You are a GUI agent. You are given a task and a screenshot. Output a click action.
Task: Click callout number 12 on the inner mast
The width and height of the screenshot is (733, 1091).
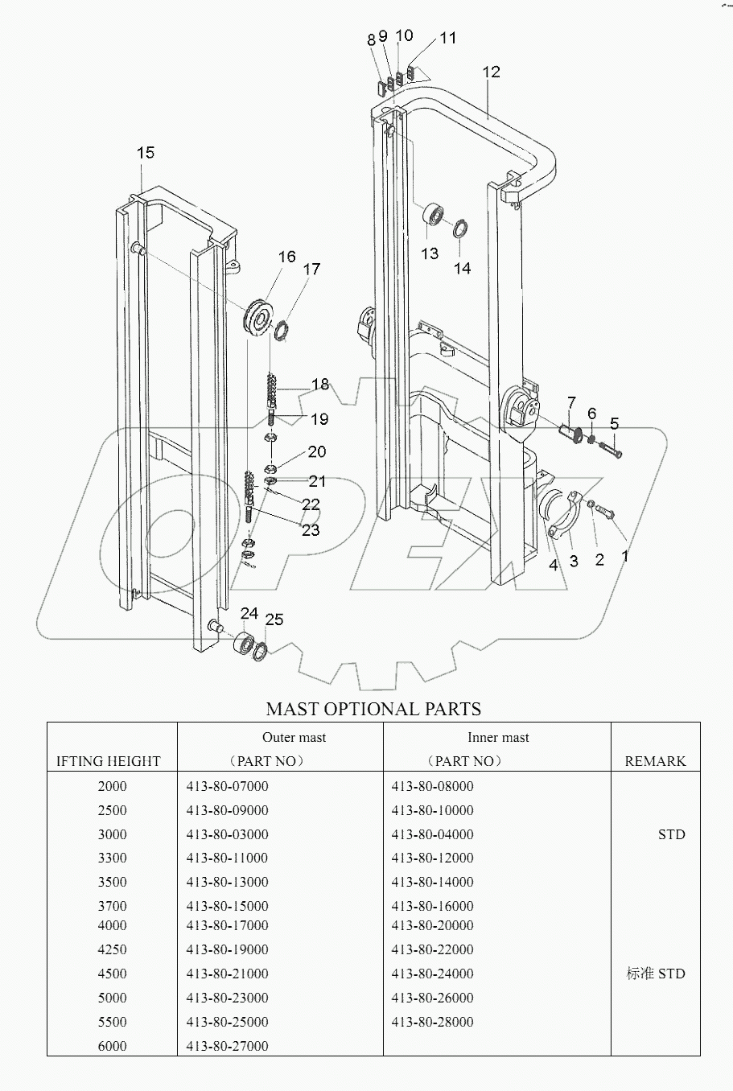tap(491, 72)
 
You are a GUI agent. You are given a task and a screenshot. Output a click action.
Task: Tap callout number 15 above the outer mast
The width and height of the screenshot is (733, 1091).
tap(145, 153)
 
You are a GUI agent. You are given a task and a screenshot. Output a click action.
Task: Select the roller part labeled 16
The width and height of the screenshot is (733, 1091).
tap(261, 319)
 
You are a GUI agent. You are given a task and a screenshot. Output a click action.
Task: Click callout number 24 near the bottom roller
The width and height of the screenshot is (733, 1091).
tap(249, 614)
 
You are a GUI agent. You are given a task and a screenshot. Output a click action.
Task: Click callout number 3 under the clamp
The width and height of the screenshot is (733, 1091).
tap(574, 561)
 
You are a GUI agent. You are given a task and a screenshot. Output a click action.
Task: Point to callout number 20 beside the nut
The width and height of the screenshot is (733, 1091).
tap(316, 451)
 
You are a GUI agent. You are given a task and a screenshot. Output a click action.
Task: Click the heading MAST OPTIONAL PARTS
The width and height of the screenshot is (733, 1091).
tap(373, 709)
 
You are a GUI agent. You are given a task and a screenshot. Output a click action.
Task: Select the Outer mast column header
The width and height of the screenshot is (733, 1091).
tap(294, 737)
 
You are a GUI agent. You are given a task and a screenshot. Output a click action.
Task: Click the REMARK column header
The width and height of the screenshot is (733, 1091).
tap(655, 761)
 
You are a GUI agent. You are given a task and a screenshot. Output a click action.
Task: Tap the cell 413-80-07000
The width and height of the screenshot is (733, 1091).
tap(227, 786)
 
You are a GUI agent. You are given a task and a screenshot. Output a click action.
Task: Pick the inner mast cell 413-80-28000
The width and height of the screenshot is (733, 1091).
tap(432, 1022)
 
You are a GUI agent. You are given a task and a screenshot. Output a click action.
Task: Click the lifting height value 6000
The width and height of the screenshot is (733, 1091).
tap(112, 1046)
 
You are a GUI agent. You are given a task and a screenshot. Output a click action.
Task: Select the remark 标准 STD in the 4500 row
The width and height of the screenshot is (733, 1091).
tap(655, 974)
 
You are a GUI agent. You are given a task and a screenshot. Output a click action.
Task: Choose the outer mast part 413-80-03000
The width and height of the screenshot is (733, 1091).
tap(227, 834)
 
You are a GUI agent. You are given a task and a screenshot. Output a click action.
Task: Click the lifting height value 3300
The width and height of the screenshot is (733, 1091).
tap(112, 858)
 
